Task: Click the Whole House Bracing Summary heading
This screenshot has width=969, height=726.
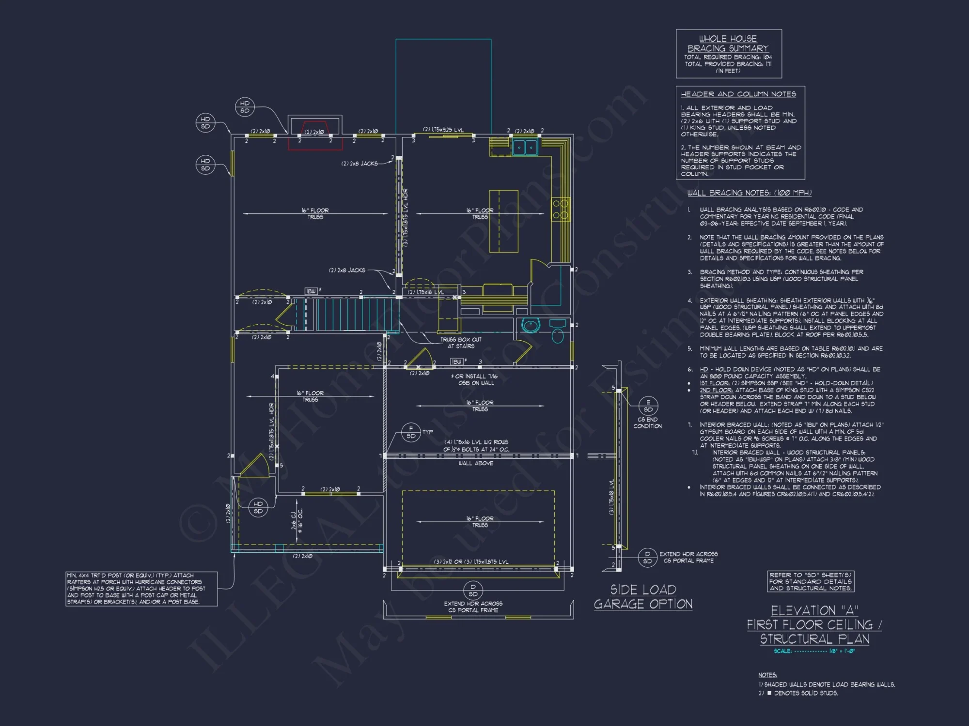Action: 728,44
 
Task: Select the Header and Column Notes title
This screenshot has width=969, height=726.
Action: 738,94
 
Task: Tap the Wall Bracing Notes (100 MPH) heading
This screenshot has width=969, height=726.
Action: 749,193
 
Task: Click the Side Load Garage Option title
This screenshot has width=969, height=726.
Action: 643,597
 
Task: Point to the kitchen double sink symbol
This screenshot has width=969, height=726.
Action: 525,147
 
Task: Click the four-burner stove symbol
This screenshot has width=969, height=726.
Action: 561,209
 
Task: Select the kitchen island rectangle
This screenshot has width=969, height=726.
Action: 503,221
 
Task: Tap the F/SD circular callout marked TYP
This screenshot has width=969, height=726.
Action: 411,432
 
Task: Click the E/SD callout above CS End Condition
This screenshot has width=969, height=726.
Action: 648,406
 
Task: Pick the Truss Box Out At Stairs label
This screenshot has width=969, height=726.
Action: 461,343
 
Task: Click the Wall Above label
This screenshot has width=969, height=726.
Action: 475,463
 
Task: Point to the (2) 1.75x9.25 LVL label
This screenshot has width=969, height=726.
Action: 443,130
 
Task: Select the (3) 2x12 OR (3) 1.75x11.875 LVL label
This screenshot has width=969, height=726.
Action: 471,561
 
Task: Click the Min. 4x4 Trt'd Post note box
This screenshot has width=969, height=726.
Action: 141,589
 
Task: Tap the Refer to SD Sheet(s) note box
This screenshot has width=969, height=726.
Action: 811,581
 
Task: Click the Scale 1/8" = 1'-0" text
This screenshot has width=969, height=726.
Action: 814,651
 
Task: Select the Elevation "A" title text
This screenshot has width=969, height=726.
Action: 814,611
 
